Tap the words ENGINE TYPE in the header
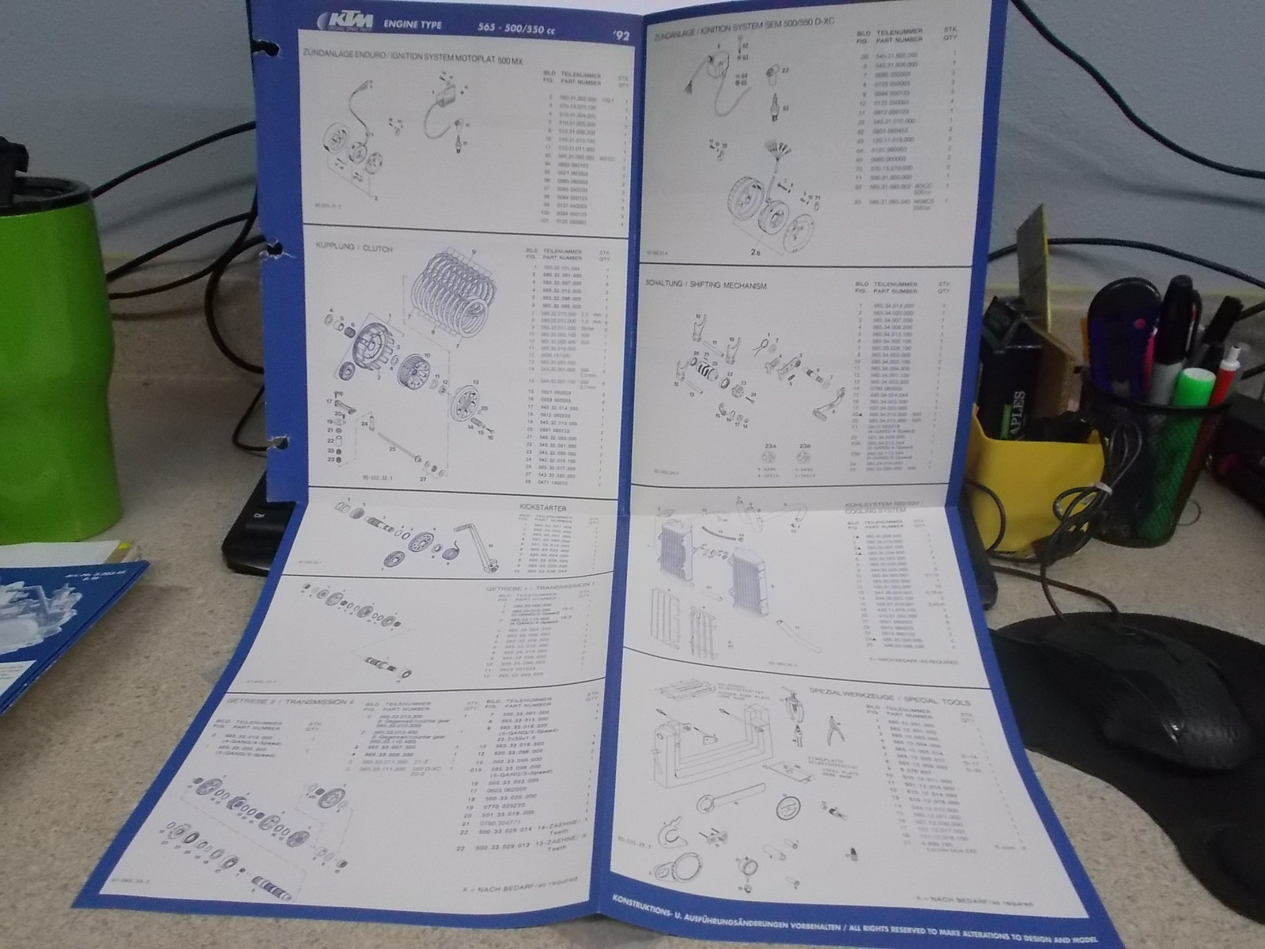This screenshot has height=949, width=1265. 411,25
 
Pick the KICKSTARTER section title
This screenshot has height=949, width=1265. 543,508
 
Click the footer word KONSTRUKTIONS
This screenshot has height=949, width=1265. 651,900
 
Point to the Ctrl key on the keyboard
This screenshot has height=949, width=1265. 258,515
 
